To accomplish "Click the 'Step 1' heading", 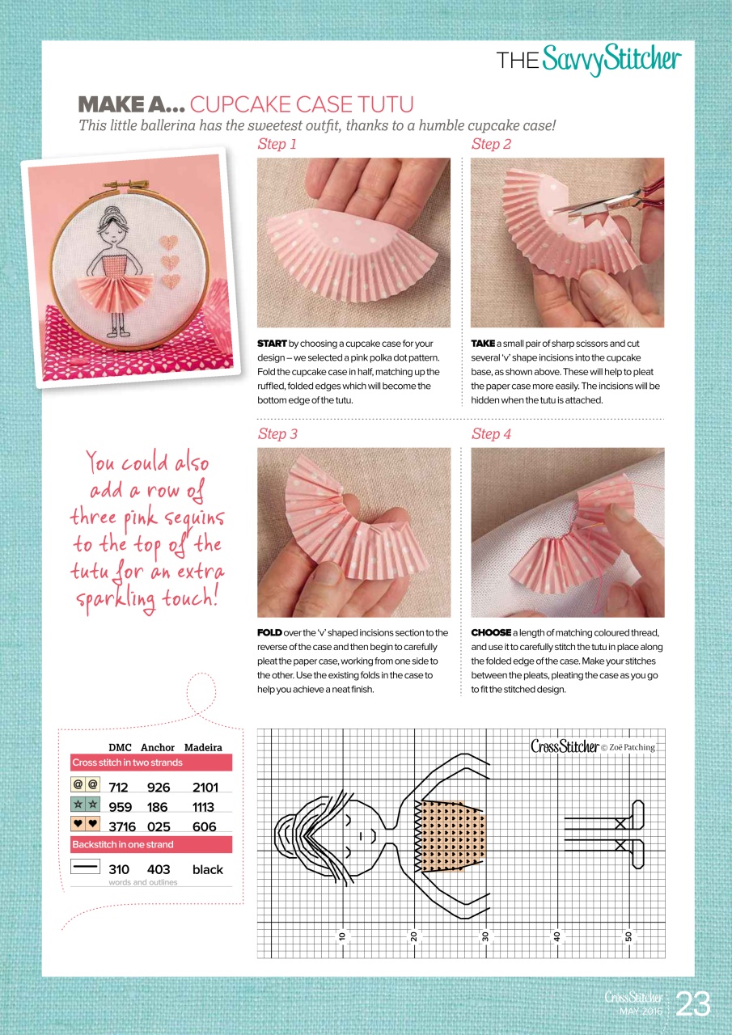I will pyautogui.click(x=277, y=145).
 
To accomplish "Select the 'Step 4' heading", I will pyautogui.click(x=491, y=434).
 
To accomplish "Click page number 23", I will pyautogui.click(x=693, y=1003).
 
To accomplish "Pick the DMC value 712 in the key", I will pyautogui.click(x=119, y=787).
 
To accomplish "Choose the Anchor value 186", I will pyautogui.click(x=158, y=807).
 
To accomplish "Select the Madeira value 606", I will pyautogui.click(x=205, y=827).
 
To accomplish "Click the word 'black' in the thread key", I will pyautogui.click(x=207, y=870).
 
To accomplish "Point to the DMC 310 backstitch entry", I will pyautogui.click(x=119, y=870).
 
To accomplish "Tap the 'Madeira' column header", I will pyautogui.click(x=203, y=747).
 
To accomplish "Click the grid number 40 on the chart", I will pyautogui.click(x=557, y=936).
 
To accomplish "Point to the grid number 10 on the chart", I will pyautogui.click(x=342, y=936).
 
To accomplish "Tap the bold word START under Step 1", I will pyautogui.click(x=272, y=344).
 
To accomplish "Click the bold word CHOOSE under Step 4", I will pyautogui.click(x=491, y=632).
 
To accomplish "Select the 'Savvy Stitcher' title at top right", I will pyautogui.click(x=611, y=60).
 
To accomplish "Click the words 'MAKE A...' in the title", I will pyautogui.click(x=131, y=104).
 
